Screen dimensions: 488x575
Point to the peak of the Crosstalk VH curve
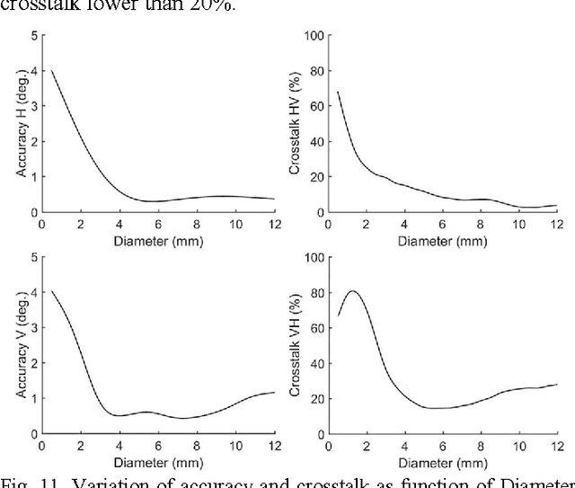coord(352,290)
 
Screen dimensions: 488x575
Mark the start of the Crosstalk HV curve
coord(337,91)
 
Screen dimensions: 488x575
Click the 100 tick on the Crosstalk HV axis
coord(313,36)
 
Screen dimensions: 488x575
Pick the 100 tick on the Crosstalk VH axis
coord(313,257)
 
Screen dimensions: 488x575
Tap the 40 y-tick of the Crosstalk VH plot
coord(315,363)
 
